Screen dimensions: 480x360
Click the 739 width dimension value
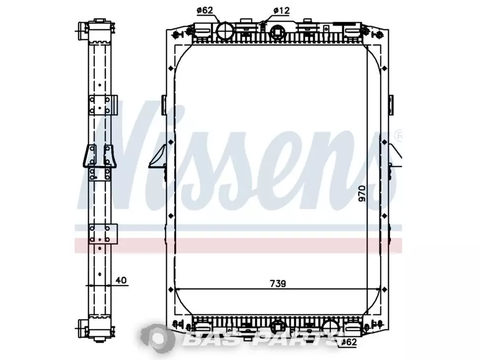278,284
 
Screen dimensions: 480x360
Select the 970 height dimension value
362,193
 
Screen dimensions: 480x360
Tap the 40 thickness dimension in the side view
121,280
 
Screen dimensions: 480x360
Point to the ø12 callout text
281,11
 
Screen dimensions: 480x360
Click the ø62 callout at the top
204,10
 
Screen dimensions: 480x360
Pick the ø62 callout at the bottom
349,342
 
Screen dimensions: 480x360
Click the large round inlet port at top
225,31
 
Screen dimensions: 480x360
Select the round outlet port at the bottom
332,327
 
